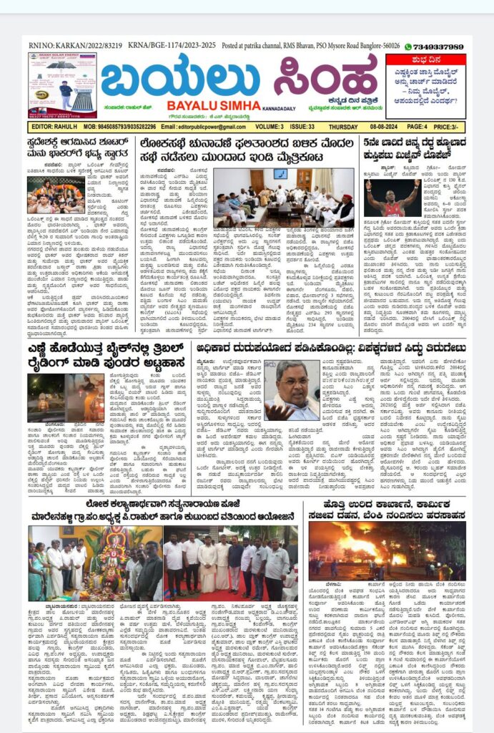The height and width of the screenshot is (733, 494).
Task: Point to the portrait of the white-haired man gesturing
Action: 292,389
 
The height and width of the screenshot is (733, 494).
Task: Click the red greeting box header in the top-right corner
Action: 425,59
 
